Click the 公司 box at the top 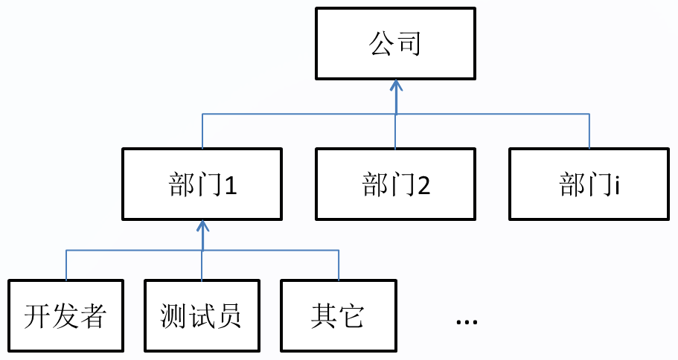click(395, 43)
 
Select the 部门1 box click(202, 184)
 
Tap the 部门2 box click(395, 184)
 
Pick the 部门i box click(589, 184)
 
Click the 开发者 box click(65, 315)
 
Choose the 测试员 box click(202, 315)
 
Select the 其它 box click(339, 315)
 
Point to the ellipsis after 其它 click(467, 321)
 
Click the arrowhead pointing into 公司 click(396, 88)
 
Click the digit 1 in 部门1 click(230, 185)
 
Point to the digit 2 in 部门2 click(423, 185)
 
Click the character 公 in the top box click(380, 44)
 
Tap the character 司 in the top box click(409, 44)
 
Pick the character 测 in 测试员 click(173, 316)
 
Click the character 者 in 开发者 click(93, 316)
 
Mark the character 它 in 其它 click(352, 316)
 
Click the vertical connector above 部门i click(589, 131)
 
